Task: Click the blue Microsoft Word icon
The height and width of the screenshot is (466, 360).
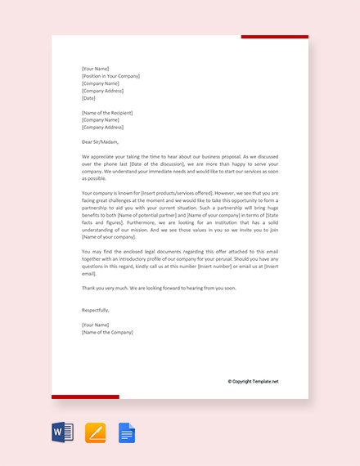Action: point(63,432)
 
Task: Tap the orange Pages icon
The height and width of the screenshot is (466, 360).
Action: point(95,432)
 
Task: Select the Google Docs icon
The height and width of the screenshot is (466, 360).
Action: point(127,432)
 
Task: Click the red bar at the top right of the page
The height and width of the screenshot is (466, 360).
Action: point(274,37)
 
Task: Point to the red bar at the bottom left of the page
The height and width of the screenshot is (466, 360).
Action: point(85,397)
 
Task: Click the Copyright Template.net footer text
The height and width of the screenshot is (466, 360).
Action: point(253,381)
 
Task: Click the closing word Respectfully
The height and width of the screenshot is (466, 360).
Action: point(96,311)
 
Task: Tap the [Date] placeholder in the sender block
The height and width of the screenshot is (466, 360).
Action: point(89,98)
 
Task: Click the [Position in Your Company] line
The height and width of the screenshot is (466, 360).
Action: point(110,76)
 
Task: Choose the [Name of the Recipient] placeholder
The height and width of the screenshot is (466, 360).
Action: point(107,113)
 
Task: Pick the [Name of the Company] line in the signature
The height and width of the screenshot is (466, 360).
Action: point(107,333)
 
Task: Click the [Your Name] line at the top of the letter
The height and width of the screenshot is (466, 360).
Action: point(96,69)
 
